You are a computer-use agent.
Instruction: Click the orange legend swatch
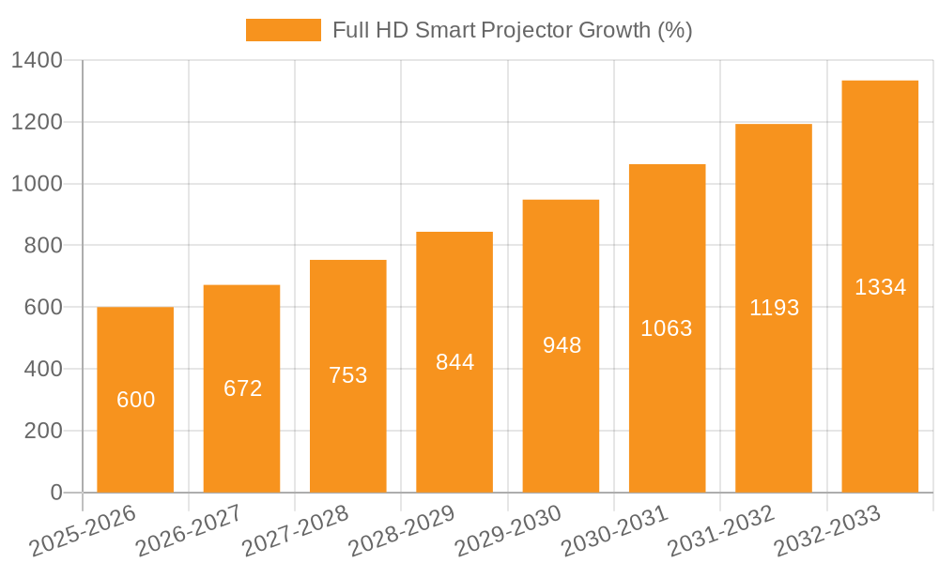pos(283,30)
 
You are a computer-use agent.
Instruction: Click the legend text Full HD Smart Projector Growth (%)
pos(512,30)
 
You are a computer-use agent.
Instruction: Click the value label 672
pos(242,388)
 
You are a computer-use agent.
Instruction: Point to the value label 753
pos(348,375)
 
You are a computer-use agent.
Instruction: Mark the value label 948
pos(562,345)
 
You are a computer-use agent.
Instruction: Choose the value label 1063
pos(667,328)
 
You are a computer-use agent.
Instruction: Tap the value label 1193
pos(774,308)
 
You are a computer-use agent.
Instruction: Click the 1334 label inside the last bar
pos(880,287)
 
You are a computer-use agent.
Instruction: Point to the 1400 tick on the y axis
pos(37,61)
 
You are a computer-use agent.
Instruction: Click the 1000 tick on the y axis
pos(37,184)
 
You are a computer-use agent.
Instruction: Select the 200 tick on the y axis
pos(42,431)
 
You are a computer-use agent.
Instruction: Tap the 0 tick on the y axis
pos(55,493)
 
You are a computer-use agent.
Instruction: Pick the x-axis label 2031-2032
pos(721,531)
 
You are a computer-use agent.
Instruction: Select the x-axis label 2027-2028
pos(296,531)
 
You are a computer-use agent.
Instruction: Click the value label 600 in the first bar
pos(135,400)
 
